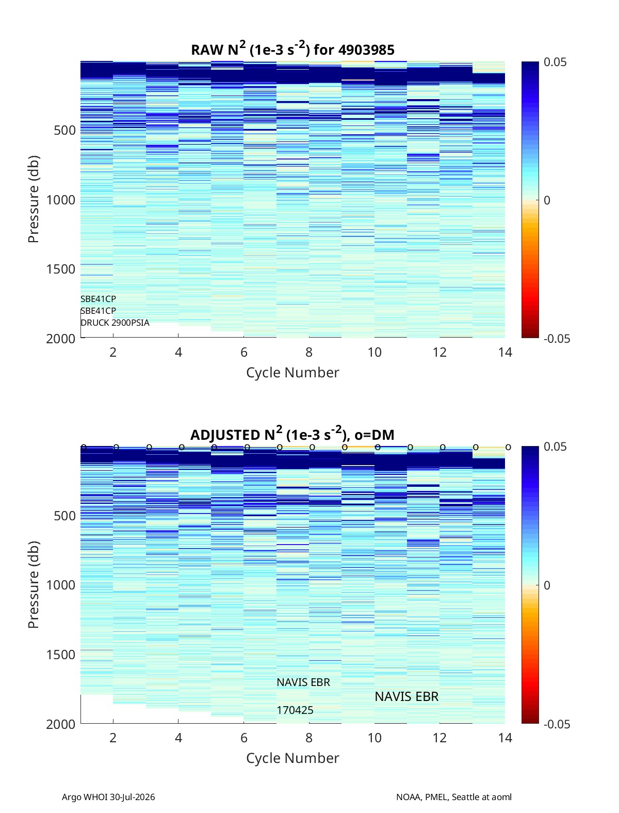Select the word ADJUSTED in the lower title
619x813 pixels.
point(226,435)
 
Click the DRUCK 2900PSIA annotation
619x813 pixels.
point(115,323)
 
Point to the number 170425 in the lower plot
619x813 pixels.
point(295,710)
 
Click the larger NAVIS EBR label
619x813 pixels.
point(406,696)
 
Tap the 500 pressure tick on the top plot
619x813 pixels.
point(65,131)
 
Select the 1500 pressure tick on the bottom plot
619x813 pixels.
point(61,655)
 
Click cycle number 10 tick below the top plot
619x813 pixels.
point(374,352)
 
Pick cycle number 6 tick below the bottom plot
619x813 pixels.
point(244,738)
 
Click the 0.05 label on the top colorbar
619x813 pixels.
point(555,62)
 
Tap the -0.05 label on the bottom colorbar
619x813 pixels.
point(557,724)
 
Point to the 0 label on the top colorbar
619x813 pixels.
point(547,200)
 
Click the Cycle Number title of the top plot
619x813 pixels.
point(292,373)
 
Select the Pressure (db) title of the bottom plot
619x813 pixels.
point(34,585)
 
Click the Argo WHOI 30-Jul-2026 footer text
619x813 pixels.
point(108,797)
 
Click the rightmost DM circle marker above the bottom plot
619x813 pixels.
point(508,447)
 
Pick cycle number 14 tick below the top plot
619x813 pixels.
point(505,352)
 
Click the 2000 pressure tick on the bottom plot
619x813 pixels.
point(61,724)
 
